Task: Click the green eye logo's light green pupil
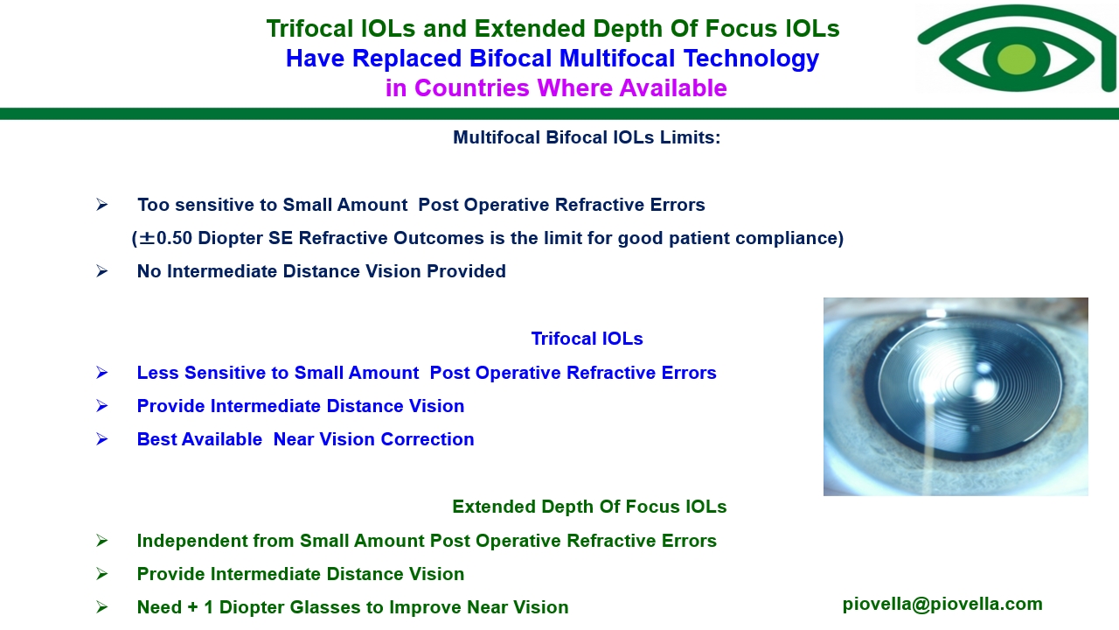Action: pyautogui.click(x=1016, y=59)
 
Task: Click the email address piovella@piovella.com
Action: pyautogui.click(x=942, y=604)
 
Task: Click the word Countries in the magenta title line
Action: pyautogui.click(x=471, y=88)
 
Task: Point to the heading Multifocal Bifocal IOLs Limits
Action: pyautogui.click(x=587, y=137)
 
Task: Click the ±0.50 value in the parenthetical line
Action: pyautogui.click(x=165, y=238)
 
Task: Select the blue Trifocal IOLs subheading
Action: pyautogui.click(x=587, y=339)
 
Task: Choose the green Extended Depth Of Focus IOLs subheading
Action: pyautogui.click(x=589, y=507)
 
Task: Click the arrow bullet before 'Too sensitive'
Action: pyautogui.click(x=102, y=205)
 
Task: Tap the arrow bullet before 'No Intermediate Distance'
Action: pyautogui.click(x=102, y=271)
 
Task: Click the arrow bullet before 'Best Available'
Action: pyautogui.click(x=102, y=439)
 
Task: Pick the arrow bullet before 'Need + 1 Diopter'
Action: pyautogui.click(x=102, y=607)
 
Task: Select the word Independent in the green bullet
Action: pyautogui.click(x=191, y=541)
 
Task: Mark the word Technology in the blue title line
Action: pyautogui.click(x=751, y=58)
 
